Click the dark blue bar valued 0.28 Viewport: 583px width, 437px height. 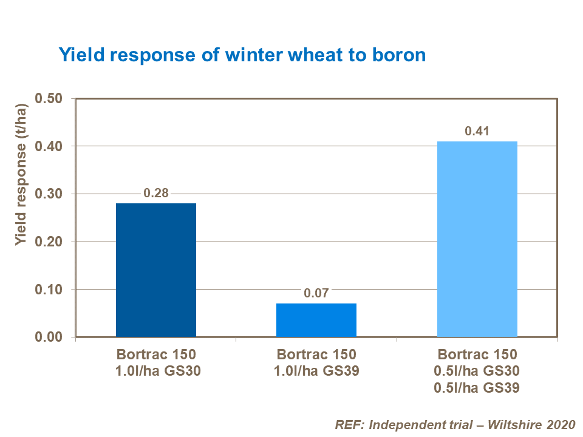156,270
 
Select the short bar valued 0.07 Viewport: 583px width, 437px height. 316,320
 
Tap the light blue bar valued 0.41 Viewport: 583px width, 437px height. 477,239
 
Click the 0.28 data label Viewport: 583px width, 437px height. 155,194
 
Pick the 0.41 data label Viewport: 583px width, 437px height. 477,132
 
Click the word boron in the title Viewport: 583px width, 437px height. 398,55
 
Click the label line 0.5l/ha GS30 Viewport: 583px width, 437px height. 477,370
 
